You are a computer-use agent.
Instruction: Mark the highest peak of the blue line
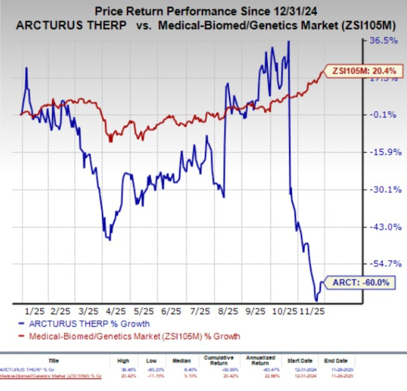(x=289, y=41)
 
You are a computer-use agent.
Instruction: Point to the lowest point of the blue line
(x=316, y=300)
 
